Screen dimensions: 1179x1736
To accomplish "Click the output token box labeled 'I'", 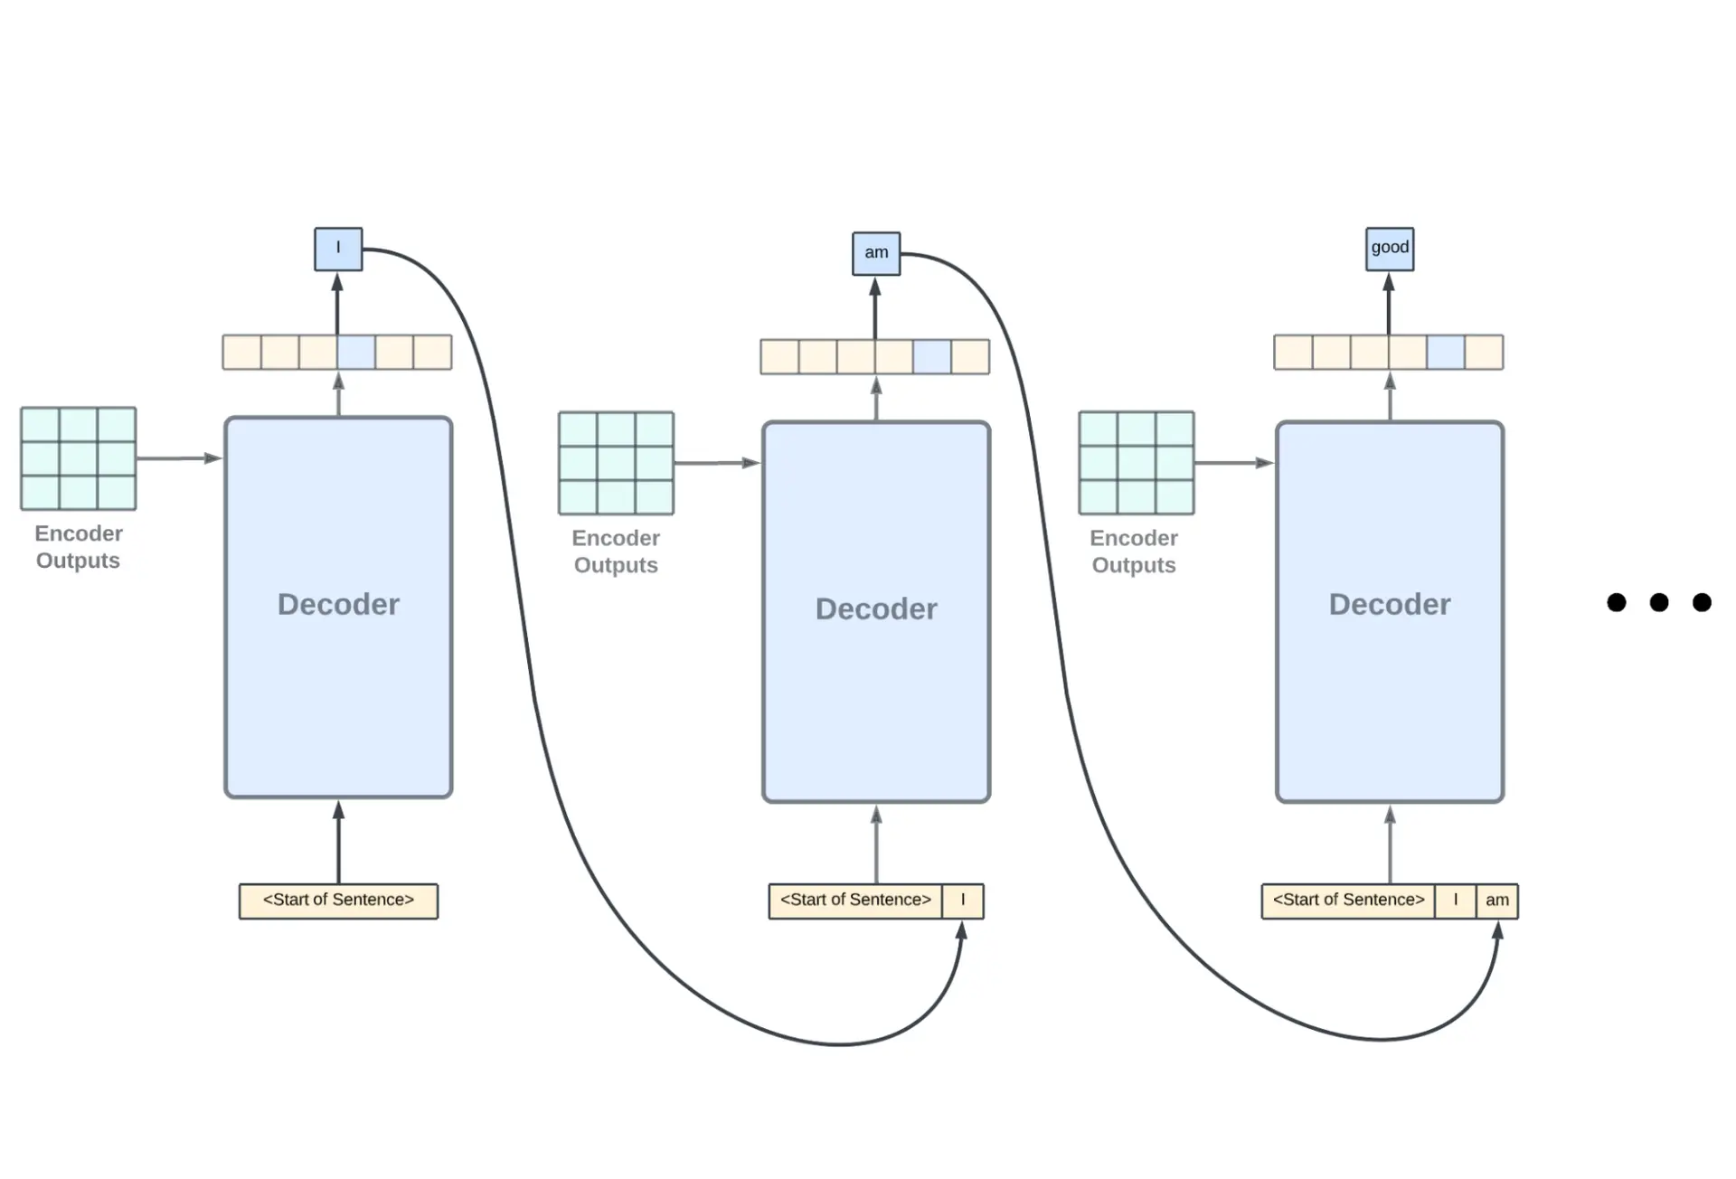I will click(338, 249).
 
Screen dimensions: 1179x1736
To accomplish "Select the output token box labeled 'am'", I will click(875, 253).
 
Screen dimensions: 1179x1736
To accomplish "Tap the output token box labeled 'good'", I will click(1389, 249).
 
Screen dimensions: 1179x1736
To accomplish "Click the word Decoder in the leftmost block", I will click(338, 604).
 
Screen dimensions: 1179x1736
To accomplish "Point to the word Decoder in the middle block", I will click(875, 608).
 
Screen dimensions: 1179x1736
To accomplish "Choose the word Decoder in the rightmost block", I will click(1389, 604).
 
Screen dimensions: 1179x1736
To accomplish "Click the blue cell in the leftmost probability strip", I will click(356, 352).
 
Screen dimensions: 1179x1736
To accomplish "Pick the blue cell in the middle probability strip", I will click(931, 356).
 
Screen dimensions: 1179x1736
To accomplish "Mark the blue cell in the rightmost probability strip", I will click(1445, 352).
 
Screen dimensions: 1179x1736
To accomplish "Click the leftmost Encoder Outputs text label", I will click(78, 546).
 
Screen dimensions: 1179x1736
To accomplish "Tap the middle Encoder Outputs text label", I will click(616, 551).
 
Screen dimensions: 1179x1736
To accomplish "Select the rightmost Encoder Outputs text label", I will click(1134, 551).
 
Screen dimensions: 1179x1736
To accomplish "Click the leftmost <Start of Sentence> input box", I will click(338, 901).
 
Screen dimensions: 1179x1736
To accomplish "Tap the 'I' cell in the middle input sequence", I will click(962, 901).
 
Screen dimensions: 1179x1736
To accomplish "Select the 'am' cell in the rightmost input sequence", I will click(1496, 901).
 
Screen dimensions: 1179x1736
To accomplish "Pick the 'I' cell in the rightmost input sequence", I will click(1455, 901).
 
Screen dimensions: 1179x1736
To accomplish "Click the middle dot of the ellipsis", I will click(1658, 602).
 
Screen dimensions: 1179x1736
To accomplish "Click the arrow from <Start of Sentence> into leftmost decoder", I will click(338, 842).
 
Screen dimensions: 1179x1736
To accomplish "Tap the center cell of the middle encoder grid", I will click(616, 463).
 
